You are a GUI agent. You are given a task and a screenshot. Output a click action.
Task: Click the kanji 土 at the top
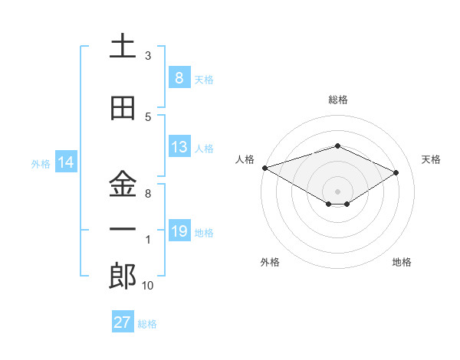(x=123, y=46)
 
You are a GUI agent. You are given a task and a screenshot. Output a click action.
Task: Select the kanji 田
(x=123, y=109)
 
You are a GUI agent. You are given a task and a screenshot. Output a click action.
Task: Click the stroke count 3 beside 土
(x=148, y=56)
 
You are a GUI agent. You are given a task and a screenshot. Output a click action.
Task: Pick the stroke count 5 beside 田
(x=148, y=117)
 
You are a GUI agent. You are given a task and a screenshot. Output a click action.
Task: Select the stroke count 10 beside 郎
(x=148, y=286)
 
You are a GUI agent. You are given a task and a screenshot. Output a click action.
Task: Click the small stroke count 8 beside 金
(x=148, y=194)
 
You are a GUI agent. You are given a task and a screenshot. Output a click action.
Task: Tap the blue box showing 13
(x=179, y=147)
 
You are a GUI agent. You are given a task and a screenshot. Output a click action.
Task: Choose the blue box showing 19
(x=179, y=231)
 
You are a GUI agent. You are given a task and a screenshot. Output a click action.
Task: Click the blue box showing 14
(x=65, y=162)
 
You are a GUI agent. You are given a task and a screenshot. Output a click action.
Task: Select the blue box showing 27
(x=122, y=322)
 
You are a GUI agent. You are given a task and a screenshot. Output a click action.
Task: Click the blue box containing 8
(x=179, y=78)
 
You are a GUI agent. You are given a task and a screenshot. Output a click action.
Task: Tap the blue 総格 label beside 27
(x=147, y=324)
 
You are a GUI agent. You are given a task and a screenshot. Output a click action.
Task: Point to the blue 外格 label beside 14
(x=41, y=164)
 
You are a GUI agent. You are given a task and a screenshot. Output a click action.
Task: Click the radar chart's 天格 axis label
(x=432, y=159)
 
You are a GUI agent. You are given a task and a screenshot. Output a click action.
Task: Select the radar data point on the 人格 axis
(x=264, y=168)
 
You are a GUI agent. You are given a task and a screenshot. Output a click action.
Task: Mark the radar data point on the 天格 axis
(x=396, y=172)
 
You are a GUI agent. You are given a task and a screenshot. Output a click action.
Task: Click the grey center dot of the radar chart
(x=337, y=190)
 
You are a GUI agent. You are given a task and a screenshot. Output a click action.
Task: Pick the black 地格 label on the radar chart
(x=402, y=262)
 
